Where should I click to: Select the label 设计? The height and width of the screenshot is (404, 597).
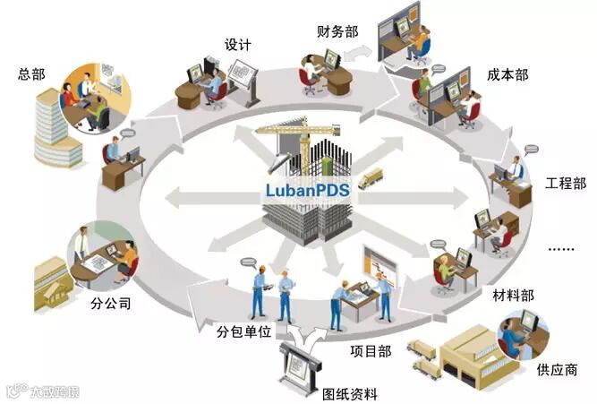pyautogui.click(x=237, y=44)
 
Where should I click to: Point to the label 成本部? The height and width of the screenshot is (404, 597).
pyautogui.click(x=508, y=74)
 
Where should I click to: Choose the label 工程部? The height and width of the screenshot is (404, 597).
pyautogui.click(x=565, y=185)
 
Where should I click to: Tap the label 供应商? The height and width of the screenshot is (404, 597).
pyautogui.click(x=557, y=369)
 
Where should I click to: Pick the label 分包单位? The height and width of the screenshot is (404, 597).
pyautogui.click(x=241, y=332)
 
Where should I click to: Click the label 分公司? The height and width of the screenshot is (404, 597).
pyautogui.click(x=112, y=304)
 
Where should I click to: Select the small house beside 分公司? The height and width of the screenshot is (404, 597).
pyautogui.click(x=54, y=279)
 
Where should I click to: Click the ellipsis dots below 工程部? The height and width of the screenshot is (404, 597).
pyautogui.click(x=565, y=247)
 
